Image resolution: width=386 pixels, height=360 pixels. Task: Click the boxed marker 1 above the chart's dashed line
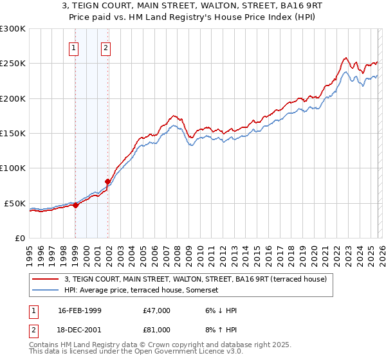coord(74,47)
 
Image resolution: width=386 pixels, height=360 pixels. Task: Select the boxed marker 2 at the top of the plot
coord(105,47)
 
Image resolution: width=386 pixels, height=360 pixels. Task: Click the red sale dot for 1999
coord(76,206)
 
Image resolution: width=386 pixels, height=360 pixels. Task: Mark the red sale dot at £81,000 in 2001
coord(108,182)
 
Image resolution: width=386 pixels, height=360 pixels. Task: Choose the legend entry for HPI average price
coord(142,290)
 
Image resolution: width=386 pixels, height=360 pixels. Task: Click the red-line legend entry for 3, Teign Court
coord(196,279)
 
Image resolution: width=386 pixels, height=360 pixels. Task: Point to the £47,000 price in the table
coord(157,310)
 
